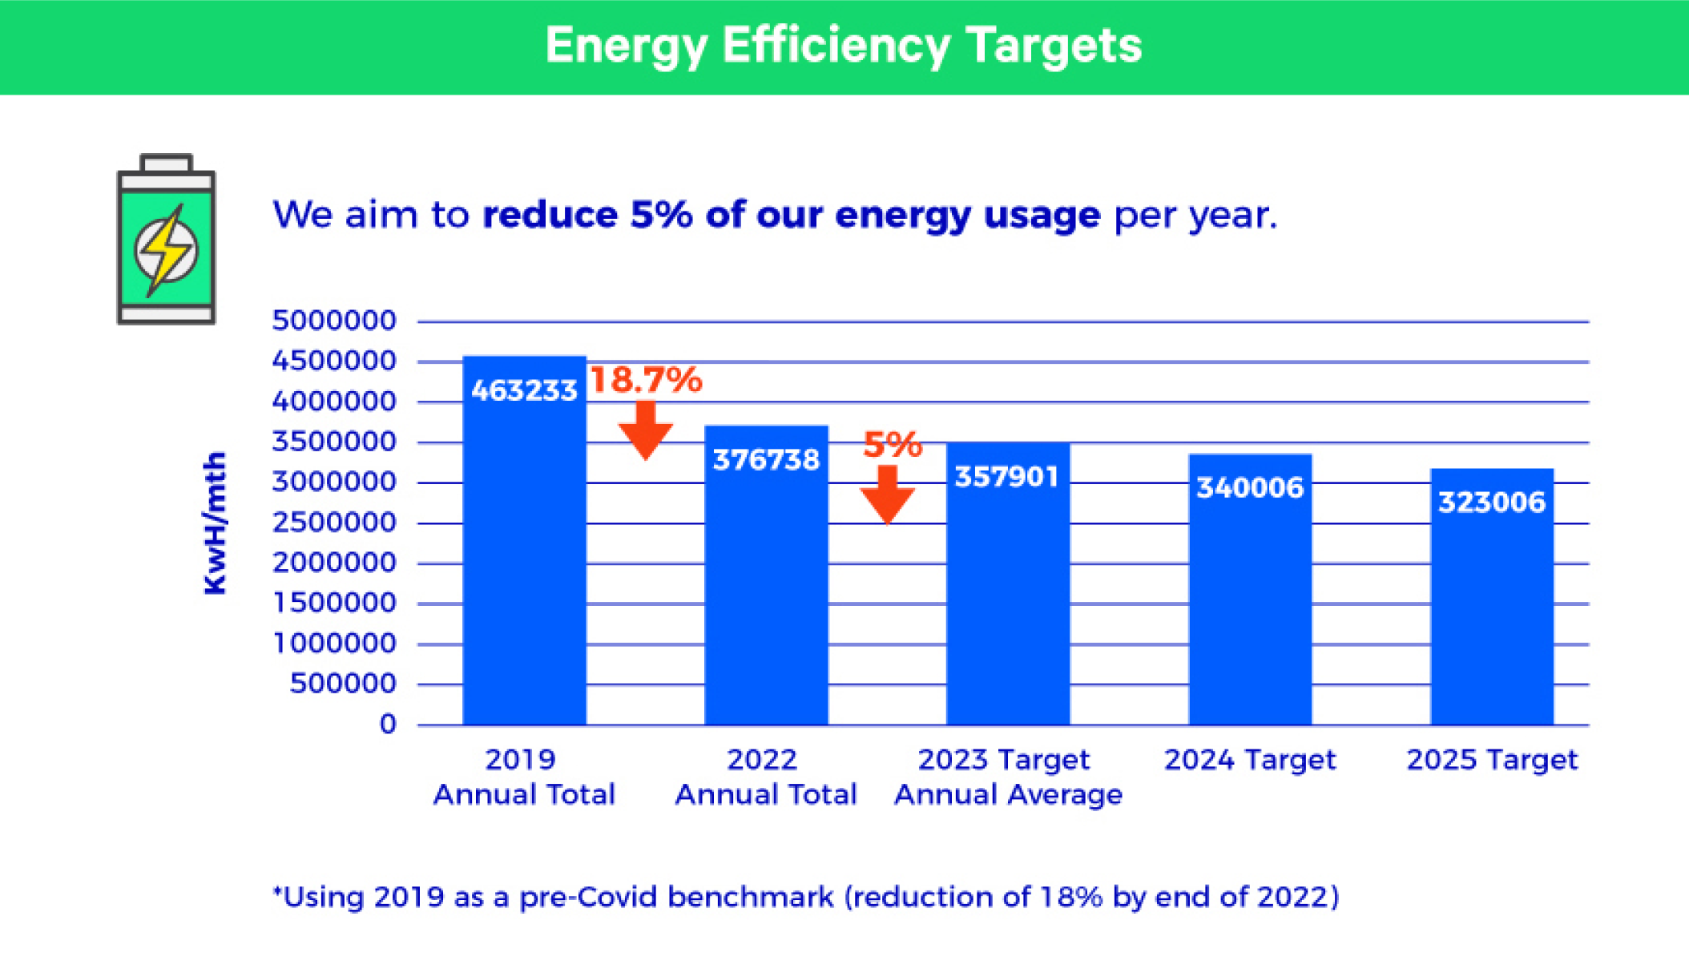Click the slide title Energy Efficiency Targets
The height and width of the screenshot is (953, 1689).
pos(843,45)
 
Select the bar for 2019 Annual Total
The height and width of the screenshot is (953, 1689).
pos(524,561)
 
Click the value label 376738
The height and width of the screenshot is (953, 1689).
pos(766,460)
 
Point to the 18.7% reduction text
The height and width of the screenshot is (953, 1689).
pos(646,380)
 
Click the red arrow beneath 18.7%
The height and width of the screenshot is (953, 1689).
pos(645,431)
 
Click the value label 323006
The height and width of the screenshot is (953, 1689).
pos(1491,503)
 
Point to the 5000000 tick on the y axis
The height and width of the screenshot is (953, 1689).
pos(334,321)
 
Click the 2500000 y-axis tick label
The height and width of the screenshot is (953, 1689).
pos(334,523)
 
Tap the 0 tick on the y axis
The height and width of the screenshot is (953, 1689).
pos(388,725)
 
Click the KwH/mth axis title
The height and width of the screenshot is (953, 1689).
pos(216,523)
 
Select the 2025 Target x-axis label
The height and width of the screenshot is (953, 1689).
pos(1491,760)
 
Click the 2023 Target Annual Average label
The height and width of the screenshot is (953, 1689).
pos(1007,777)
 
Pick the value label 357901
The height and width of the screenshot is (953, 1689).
pos(1007,477)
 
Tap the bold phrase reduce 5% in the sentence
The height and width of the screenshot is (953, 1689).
pos(587,215)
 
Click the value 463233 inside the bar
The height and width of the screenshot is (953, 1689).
pos(524,391)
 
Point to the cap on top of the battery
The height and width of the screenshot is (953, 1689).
pos(166,164)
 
